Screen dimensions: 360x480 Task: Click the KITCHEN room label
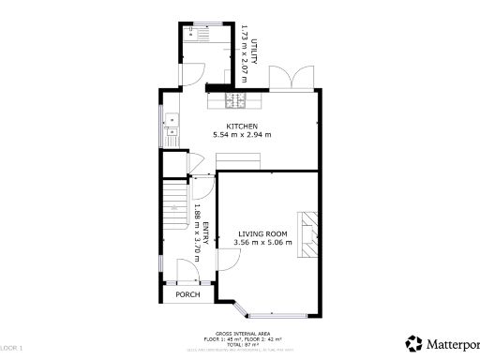click(x=241, y=126)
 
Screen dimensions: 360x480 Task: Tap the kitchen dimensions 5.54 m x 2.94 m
click(x=241, y=134)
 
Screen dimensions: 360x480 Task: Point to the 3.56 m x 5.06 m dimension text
click(x=262, y=243)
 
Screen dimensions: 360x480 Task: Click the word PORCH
click(x=188, y=294)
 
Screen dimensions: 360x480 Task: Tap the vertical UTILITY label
click(x=253, y=37)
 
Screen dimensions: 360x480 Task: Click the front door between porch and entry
click(x=186, y=272)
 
